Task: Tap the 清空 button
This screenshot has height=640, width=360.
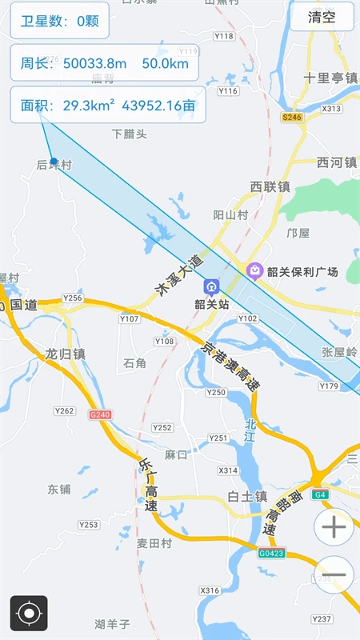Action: [x=322, y=17]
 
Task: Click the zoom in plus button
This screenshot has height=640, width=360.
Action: [x=334, y=526]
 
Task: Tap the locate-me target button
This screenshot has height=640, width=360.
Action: [x=29, y=614]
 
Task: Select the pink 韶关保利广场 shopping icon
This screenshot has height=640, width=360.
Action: [x=255, y=271]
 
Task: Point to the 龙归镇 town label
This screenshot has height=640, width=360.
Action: [x=65, y=354]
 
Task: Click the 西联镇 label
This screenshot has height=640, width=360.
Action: [x=270, y=187]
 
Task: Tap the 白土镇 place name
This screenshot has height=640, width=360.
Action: [x=246, y=496]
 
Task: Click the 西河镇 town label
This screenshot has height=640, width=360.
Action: [x=336, y=163]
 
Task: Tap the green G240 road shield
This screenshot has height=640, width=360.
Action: [x=100, y=414]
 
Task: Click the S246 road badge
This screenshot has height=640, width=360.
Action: [x=292, y=117]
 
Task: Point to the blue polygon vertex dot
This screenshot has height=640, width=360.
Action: [x=54, y=162]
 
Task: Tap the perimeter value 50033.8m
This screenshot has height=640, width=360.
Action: [x=94, y=63]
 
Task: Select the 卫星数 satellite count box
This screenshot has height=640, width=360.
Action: [x=60, y=21]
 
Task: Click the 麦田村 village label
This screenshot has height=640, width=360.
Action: [x=154, y=542]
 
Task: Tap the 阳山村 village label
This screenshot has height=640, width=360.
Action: [x=231, y=214]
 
